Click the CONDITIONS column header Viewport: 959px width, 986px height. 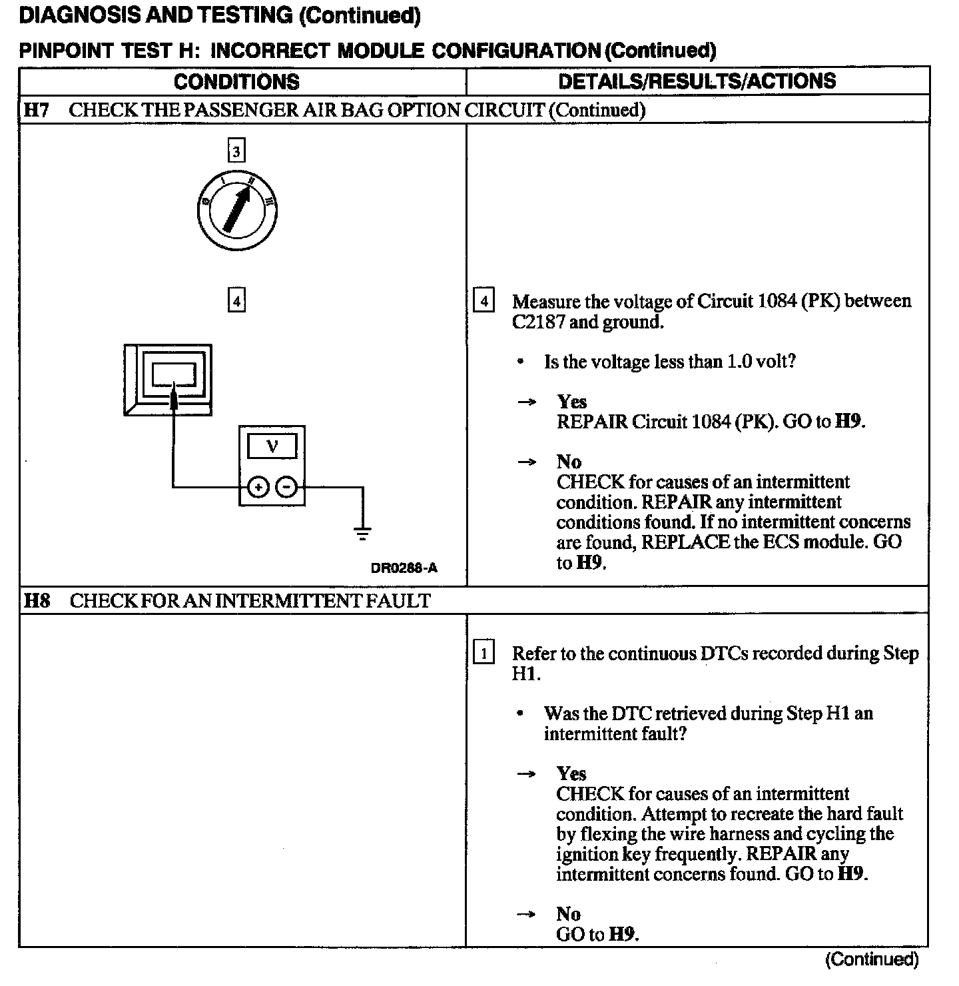(x=236, y=81)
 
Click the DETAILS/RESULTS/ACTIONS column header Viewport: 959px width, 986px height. (x=697, y=81)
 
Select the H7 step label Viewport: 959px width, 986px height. (x=37, y=110)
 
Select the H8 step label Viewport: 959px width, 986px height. (x=37, y=601)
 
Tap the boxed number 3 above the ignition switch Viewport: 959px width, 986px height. (x=236, y=151)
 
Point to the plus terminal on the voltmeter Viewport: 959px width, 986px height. (x=258, y=488)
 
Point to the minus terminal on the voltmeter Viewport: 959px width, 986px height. (x=286, y=488)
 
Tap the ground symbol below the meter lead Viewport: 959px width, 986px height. (x=363, y=532)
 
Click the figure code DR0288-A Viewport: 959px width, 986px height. (x=404, y=568)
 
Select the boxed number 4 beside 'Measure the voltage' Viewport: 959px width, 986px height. (x=483, y=301)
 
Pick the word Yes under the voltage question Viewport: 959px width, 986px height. (x=571, y=402)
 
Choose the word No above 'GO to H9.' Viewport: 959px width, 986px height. (x=568, y=913)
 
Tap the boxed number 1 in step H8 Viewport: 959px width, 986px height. (x=483, y=653)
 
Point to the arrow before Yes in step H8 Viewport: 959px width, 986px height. (x=527, y=774)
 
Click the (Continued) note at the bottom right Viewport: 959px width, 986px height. (x=872, y=960)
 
